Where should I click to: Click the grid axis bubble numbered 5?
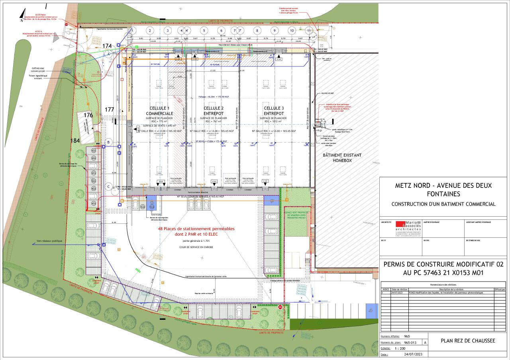(204, 30)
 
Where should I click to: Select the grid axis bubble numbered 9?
(274, 30)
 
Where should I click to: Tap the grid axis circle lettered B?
(108, 142)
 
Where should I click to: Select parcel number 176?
(88, 115)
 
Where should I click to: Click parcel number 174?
(107, 46)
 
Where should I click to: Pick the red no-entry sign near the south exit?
(280, 307)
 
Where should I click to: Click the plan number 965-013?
(411, 342)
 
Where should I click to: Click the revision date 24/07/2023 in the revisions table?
(400, 292)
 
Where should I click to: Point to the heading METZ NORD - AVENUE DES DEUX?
(443, 186)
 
